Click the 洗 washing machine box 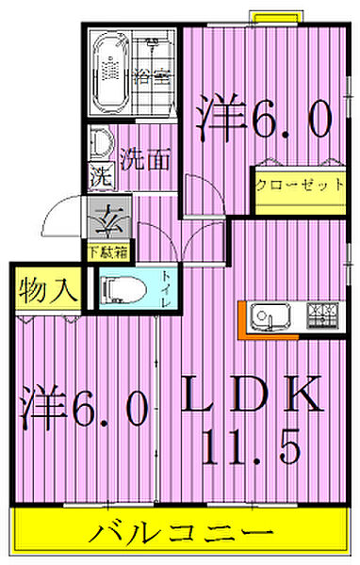pyautogui.click(x=99, y=176)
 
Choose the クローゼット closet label pyautogui.click(x=298, y=185)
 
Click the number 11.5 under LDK pyautogui.click(x=253, y=444)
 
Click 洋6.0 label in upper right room pyautogui.click(x=265, y=119)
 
